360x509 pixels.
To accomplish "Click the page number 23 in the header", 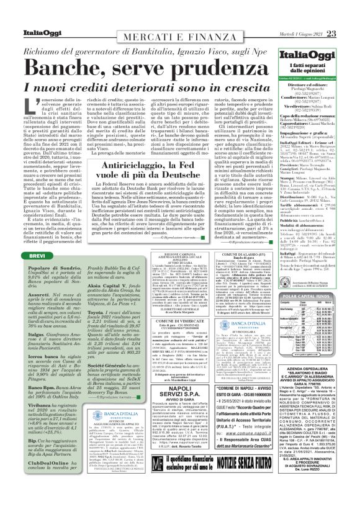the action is tap(349, 17).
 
